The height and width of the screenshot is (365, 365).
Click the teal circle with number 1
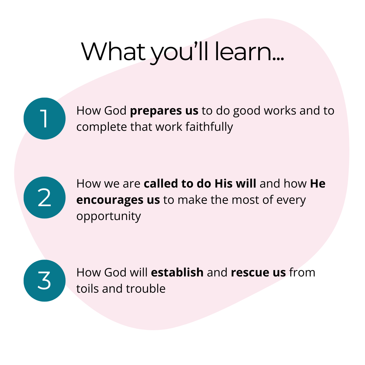point(45,119)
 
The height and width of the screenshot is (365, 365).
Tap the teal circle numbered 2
point(45,197)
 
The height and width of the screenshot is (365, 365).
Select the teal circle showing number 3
point(45,281)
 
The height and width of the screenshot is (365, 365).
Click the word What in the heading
point(113,52)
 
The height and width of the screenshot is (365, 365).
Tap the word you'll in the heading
point(179,52)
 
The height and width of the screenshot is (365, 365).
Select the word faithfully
point(209,127)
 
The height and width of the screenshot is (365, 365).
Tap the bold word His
point(223,184)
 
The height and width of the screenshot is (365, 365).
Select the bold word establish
point(177,272)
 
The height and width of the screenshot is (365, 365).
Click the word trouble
point(146,289)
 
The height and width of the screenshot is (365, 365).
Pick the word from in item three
point(302,272)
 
